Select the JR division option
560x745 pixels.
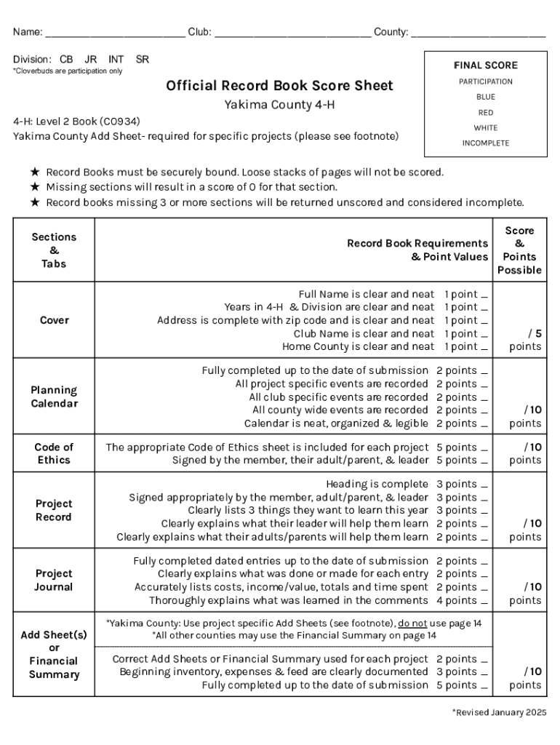pos(91,59)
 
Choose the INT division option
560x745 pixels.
pos(116,59)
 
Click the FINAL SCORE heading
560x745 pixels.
pos(485,65)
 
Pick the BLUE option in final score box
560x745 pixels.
pos(485,97)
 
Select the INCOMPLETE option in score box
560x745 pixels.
pos(485,143)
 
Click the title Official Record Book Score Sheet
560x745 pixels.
pos(279,86)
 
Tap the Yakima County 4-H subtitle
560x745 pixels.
pos(279,105)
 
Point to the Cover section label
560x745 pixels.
pos(54,320)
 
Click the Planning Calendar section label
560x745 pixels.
pos(54,397)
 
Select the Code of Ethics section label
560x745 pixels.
pos(54,453)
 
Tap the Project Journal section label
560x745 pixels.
pos(54,580)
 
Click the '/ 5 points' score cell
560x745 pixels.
pos(525,340)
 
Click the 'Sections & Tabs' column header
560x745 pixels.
pos(54,250)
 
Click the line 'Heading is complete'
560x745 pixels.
pos(377,485)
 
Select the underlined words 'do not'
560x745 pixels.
pos(412,623)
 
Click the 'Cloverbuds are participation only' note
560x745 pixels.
pos(68,71)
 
